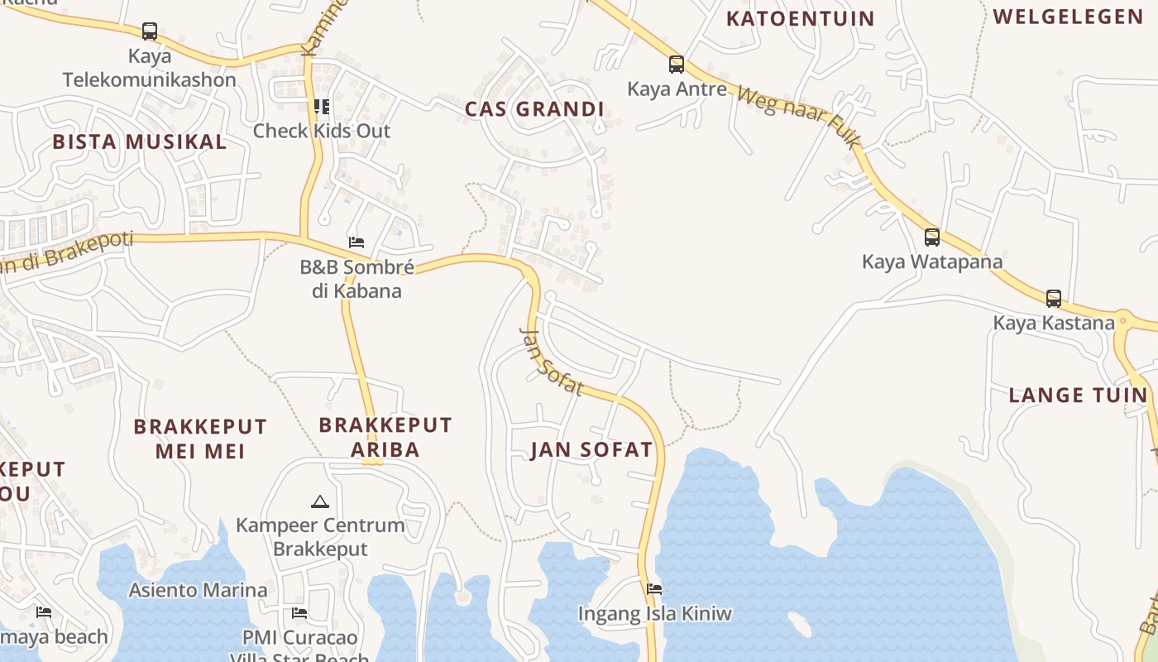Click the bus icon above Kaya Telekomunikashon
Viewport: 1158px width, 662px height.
coord(150,31)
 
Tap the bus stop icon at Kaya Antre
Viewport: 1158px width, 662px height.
coord(677,64)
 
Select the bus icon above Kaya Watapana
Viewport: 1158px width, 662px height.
coord(932,237)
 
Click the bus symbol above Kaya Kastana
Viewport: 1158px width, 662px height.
coord(1054,298)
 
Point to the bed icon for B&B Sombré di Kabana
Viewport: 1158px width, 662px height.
coord(356,242)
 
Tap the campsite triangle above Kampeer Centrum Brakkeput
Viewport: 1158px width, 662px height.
coord(319,501)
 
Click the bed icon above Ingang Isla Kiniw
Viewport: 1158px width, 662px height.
coord(654,589)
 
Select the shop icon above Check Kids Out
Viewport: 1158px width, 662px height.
coord(322,107)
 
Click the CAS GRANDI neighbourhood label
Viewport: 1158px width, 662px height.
coord(534,109)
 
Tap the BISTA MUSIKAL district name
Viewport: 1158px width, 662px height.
coord(139,142)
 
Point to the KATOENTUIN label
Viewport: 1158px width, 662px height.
coord(800,18)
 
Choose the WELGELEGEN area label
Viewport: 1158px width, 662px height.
coord(1067,17)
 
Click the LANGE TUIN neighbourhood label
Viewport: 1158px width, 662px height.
coord(1079,395)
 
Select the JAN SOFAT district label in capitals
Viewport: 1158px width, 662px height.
coord(591,450)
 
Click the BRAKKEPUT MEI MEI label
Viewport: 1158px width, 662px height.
coord(200,439)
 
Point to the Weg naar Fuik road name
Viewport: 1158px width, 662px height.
coord(798,117)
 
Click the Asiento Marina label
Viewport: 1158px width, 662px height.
coord(198,590)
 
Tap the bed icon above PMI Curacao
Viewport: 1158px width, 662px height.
coord(299,613)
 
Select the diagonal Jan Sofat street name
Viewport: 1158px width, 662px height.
coord(551,362)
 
